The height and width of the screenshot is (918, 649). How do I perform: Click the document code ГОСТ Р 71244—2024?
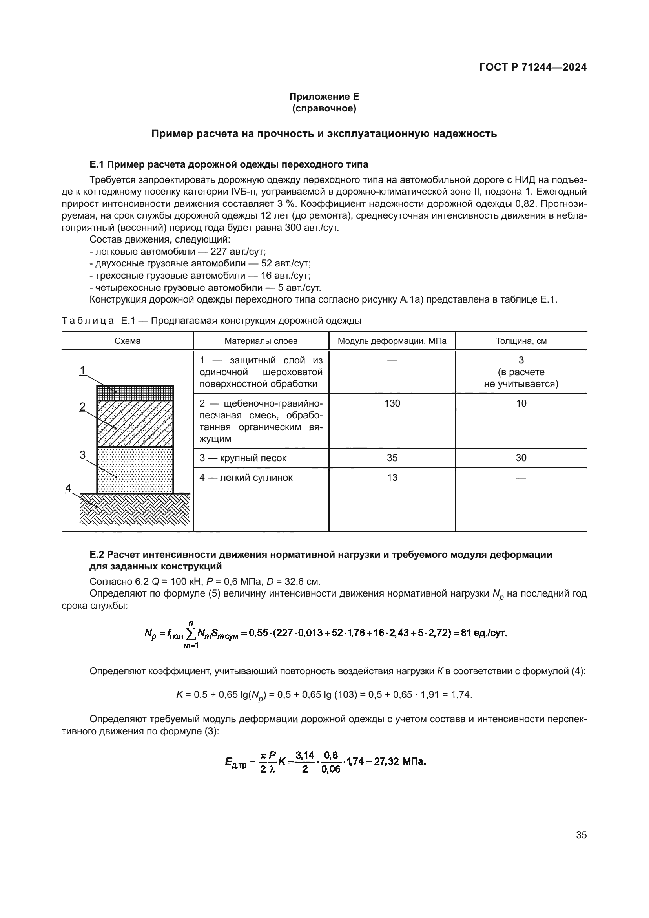[x=533, y=67]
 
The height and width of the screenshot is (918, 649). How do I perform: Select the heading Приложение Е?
[x=324, y=97]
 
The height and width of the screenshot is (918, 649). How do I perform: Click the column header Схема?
[x=128, y=341]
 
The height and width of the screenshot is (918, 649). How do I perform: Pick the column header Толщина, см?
[x=521, y=341]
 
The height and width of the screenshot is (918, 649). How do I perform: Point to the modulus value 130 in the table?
[x=392, y=403]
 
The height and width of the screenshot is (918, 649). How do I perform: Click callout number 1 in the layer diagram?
[x=83, y=370]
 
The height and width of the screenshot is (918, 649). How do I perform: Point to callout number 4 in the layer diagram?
[x=68, y=488]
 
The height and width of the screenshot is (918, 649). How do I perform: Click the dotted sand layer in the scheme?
[x=135, y=470]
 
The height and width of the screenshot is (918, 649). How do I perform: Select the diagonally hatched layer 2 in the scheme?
[x=135, y=423]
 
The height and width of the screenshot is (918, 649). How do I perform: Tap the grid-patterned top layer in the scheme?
[x=135, y=392]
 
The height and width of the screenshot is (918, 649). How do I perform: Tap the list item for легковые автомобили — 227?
[x=177, y=252]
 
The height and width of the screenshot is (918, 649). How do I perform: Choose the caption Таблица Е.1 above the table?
[x=211, y=321]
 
